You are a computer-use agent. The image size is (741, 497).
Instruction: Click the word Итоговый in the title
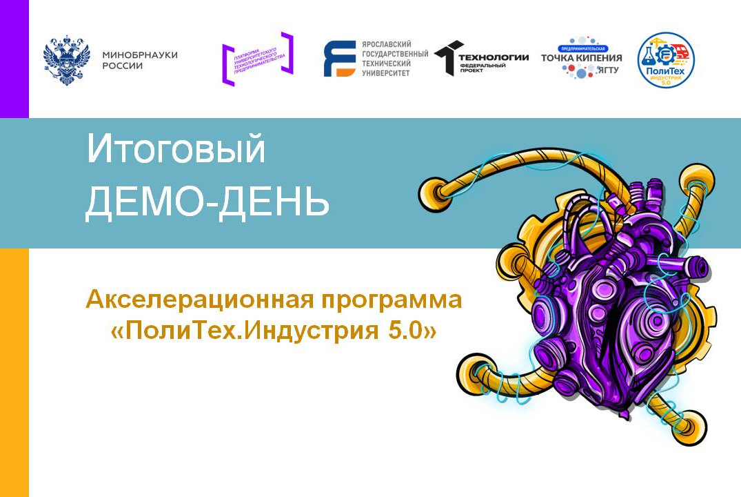(x=176, y=150)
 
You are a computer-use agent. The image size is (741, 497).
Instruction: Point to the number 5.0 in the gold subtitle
(x=408, y=331)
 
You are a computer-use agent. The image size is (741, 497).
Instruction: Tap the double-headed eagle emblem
(x=67, y=60)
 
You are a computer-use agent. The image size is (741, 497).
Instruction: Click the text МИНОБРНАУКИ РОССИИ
(x=139, y=60)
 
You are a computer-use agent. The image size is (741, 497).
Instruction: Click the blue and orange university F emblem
(x=339, y=59)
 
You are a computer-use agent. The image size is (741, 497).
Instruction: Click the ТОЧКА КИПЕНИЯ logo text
(x=581, y=58)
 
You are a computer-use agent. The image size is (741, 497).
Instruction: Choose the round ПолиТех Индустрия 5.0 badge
(x=665, y=59)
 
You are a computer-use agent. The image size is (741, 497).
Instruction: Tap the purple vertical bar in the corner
(x=14, y=59)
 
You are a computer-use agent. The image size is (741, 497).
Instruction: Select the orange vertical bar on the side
(x=14, y=373)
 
